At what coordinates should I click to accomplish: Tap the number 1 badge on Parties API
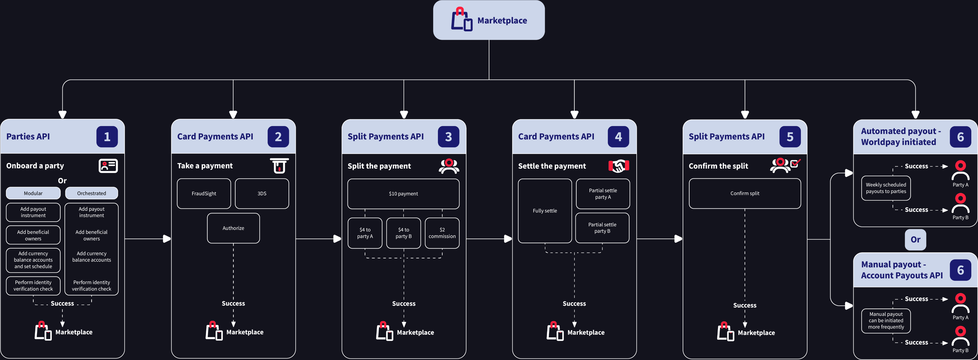click(x=107, y=137)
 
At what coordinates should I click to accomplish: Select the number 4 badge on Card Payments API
click(x=618, y=137)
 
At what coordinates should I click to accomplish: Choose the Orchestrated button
click(x=91, y=193)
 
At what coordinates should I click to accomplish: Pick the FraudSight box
click(x=204, y=194)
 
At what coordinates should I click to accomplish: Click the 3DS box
click(x=262, y=194)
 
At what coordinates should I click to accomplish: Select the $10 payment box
click(x=403, y=194)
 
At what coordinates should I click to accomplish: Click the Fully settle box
click(x=545, y=211)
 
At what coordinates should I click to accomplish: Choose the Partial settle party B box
click(x=602, y=228)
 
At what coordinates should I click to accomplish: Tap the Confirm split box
click(x=745, y=193)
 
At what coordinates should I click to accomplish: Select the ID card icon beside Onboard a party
click(x=108, y=166)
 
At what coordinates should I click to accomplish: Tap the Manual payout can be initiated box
click(x=886, y=321)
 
